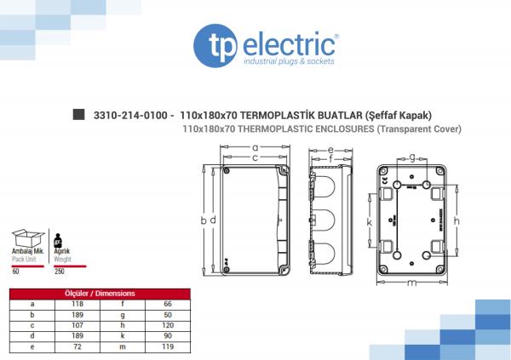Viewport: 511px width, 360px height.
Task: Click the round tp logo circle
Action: tap(215, 46)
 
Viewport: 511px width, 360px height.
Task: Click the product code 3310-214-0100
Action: tap(130, 116)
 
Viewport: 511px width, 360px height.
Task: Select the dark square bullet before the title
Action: tap(78, 114)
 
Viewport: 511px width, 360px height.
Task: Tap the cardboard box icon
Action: tap(28, 238)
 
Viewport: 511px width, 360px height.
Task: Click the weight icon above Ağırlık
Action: tap(58, 241)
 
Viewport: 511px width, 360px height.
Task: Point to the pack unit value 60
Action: tap(15, 271)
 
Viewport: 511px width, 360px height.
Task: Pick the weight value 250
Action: tap(60, 271)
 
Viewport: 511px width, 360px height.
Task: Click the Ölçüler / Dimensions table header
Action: tap(100, 294)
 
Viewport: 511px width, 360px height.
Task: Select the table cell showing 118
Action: tap(78, 304)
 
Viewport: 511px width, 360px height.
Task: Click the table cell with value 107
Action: tap(78, 325)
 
